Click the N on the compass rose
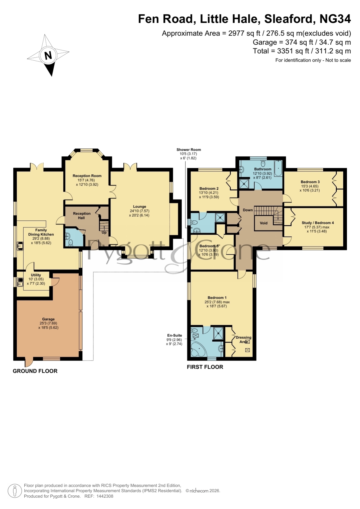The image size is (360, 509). (48, 55)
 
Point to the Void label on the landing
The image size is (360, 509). (264, 223)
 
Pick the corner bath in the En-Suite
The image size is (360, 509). (199, 348)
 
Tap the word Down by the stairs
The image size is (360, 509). (248, 210)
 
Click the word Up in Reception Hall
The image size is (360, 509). (104, 233)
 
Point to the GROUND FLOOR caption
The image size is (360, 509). (35, 371)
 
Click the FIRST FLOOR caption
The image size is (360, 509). (205, 367)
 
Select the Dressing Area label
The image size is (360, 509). (244, 340)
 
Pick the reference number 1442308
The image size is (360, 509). (105, 496)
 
